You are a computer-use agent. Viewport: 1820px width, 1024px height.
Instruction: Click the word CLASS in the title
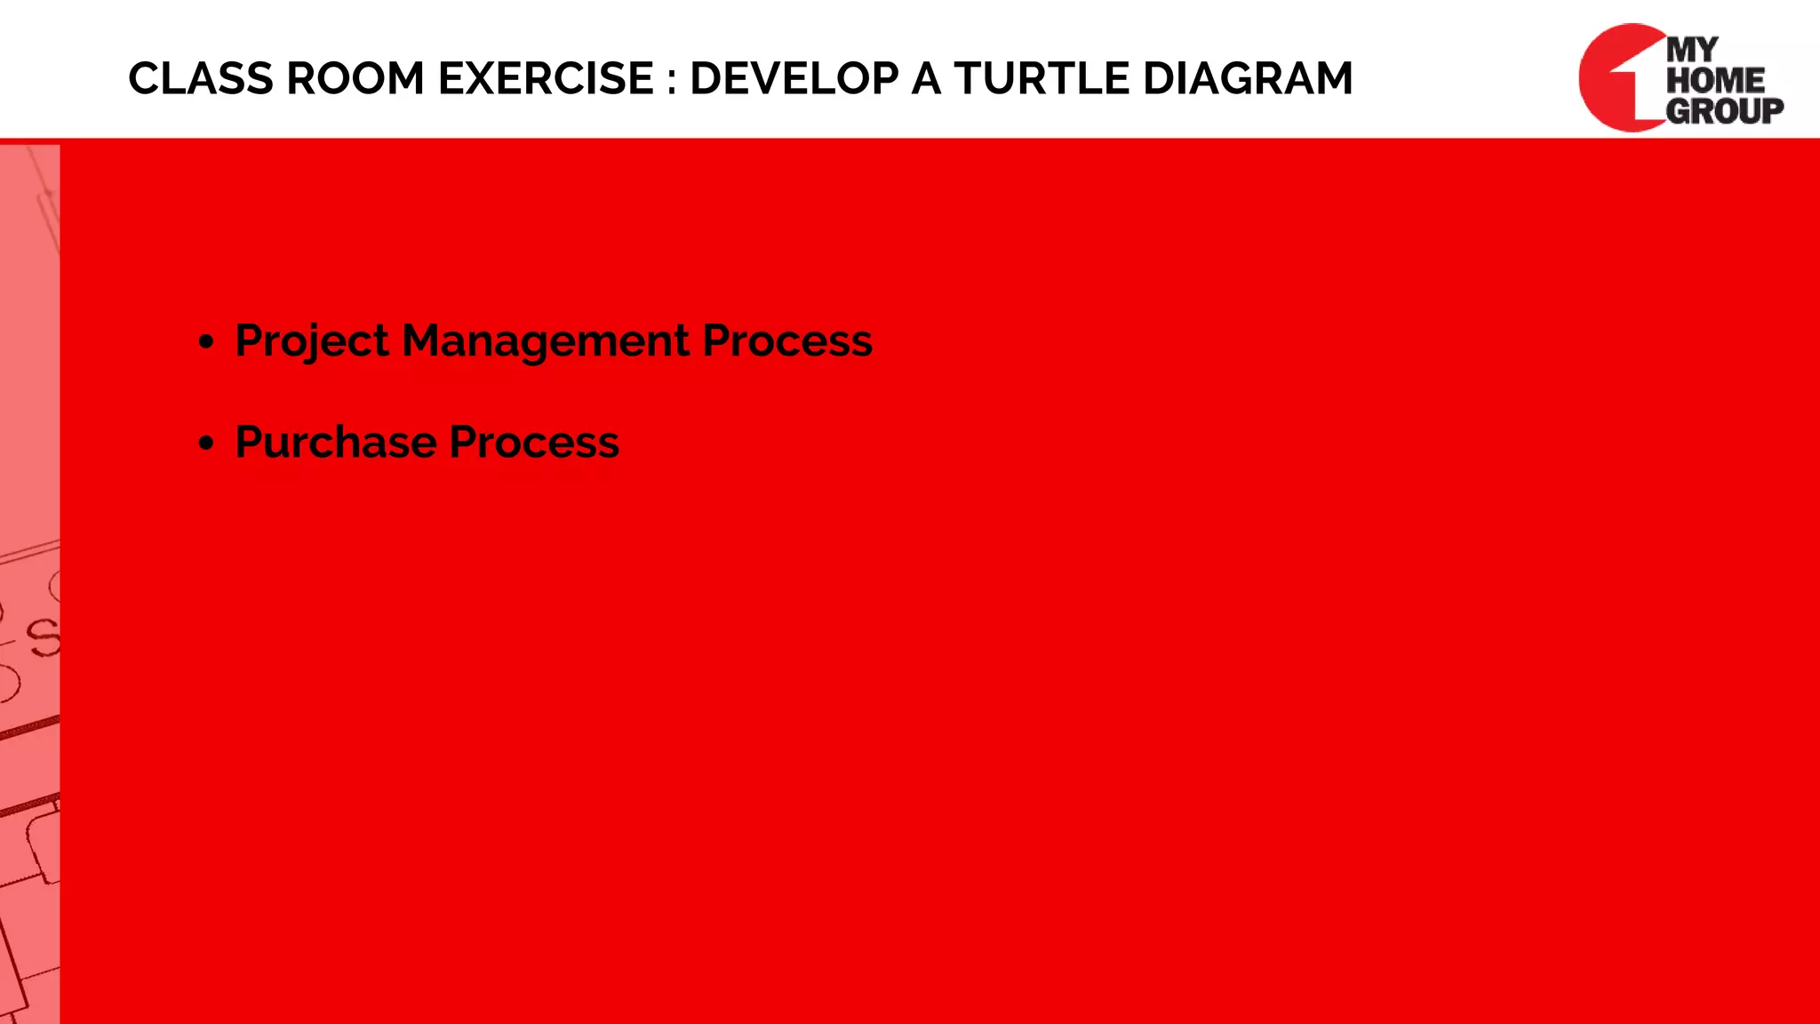(201, 79)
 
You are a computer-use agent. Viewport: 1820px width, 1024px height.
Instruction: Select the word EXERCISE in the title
(546, 79)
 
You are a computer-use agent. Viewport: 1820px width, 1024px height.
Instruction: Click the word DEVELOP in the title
(794, 79)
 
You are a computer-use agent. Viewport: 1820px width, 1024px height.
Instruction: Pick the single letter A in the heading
(926, 79)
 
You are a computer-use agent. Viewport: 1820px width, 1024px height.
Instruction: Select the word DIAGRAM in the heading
(1248, 79)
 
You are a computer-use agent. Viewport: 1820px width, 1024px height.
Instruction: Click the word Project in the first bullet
(312, 342)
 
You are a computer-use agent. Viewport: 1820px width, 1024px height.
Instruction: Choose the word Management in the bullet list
(546, 342)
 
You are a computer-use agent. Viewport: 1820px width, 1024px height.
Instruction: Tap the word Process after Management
(787, 342)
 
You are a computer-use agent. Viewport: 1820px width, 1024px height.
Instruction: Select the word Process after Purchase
(533, 443)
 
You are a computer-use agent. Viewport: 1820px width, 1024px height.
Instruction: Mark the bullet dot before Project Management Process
(207, 342)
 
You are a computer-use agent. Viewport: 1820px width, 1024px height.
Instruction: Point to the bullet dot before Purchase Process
(207, 443)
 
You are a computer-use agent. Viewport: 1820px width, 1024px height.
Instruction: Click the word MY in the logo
(1693, 50)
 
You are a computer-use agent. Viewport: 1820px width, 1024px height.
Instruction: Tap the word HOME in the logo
(1715, 80)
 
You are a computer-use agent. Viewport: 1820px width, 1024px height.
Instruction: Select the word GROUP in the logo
(1724, 111)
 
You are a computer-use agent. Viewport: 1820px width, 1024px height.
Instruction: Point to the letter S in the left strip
(44, 638)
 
